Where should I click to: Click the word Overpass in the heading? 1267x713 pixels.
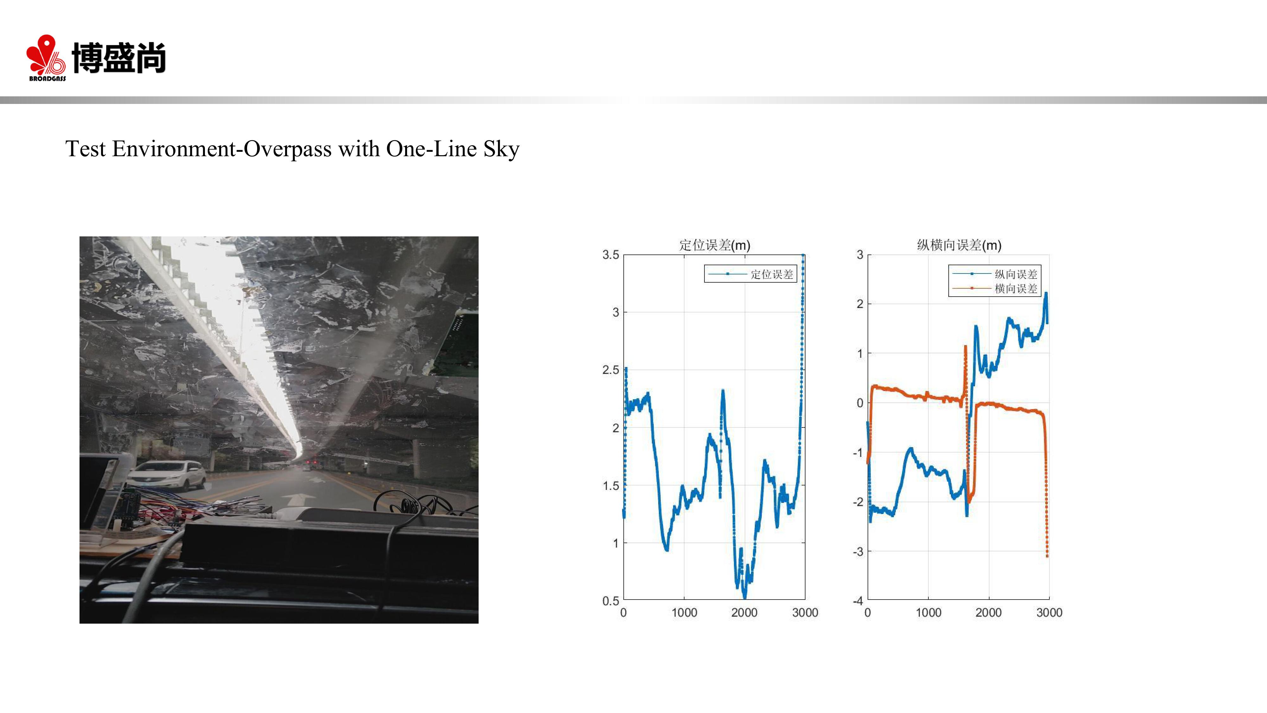(288, 149)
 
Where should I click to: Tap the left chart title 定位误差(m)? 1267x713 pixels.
(715, 245)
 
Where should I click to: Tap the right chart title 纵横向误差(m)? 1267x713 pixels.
(959, 245)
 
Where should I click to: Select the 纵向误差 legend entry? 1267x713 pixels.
(995, 274)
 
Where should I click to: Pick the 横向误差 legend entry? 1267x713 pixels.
(995, 288)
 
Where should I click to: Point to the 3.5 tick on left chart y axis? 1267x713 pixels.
(611, 255)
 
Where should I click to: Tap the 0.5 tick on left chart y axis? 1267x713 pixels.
(611, 601)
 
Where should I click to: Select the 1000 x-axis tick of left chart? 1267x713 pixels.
(684, 613)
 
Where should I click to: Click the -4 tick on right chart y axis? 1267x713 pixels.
(858, 601)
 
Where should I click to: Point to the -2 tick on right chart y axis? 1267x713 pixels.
(858, 502)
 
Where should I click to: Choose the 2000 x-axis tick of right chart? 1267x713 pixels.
(989, 613)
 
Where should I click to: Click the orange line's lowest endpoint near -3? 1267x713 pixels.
(1047, 556)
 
